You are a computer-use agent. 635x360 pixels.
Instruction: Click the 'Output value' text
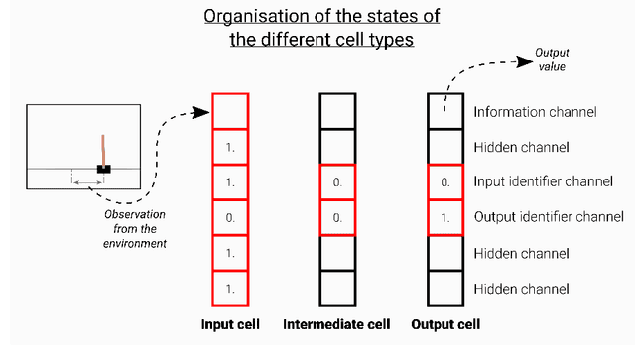click(x=552, y=59)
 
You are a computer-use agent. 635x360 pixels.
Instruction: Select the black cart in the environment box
click(x=102, y=169)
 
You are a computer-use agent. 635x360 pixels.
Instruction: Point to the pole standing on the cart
click(x=102, y=149)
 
